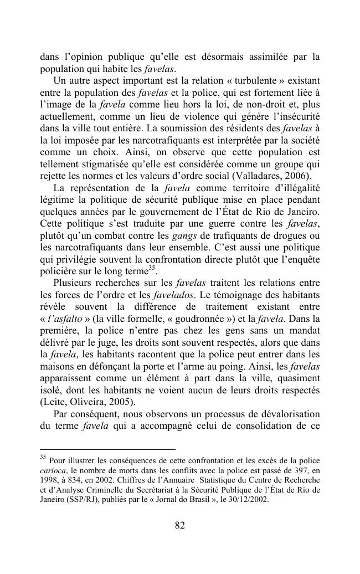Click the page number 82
(180, 526)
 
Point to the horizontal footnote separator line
(107, 449)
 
